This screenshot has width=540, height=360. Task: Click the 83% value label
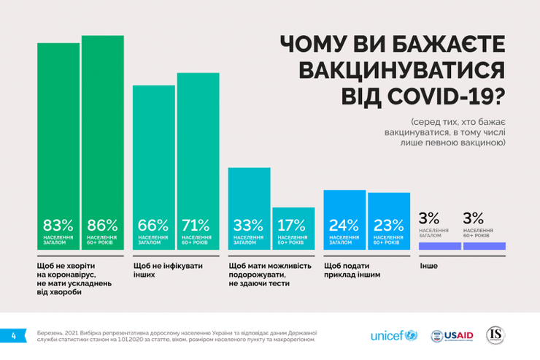click(x=58, y=225)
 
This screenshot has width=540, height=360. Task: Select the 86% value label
click(x=102, y=225)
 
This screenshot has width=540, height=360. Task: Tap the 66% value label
click(x=153, y=225)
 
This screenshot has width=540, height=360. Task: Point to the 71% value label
click(x=196, y=225)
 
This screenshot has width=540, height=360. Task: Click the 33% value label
click(x=248, y=225)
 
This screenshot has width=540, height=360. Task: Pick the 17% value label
click(x=292, y=225)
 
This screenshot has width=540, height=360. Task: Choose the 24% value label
click(x=344, y=225)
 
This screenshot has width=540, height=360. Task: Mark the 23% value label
click(x=387, y=225)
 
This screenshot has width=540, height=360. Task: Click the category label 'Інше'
click(x=428, y=266)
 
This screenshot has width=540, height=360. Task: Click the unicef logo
click(x=393, y=335)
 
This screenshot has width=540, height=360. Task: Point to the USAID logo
click(x=452, y=335)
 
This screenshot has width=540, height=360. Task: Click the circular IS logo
click(x=496, y=334)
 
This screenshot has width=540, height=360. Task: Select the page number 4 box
click(x=13, y=335)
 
